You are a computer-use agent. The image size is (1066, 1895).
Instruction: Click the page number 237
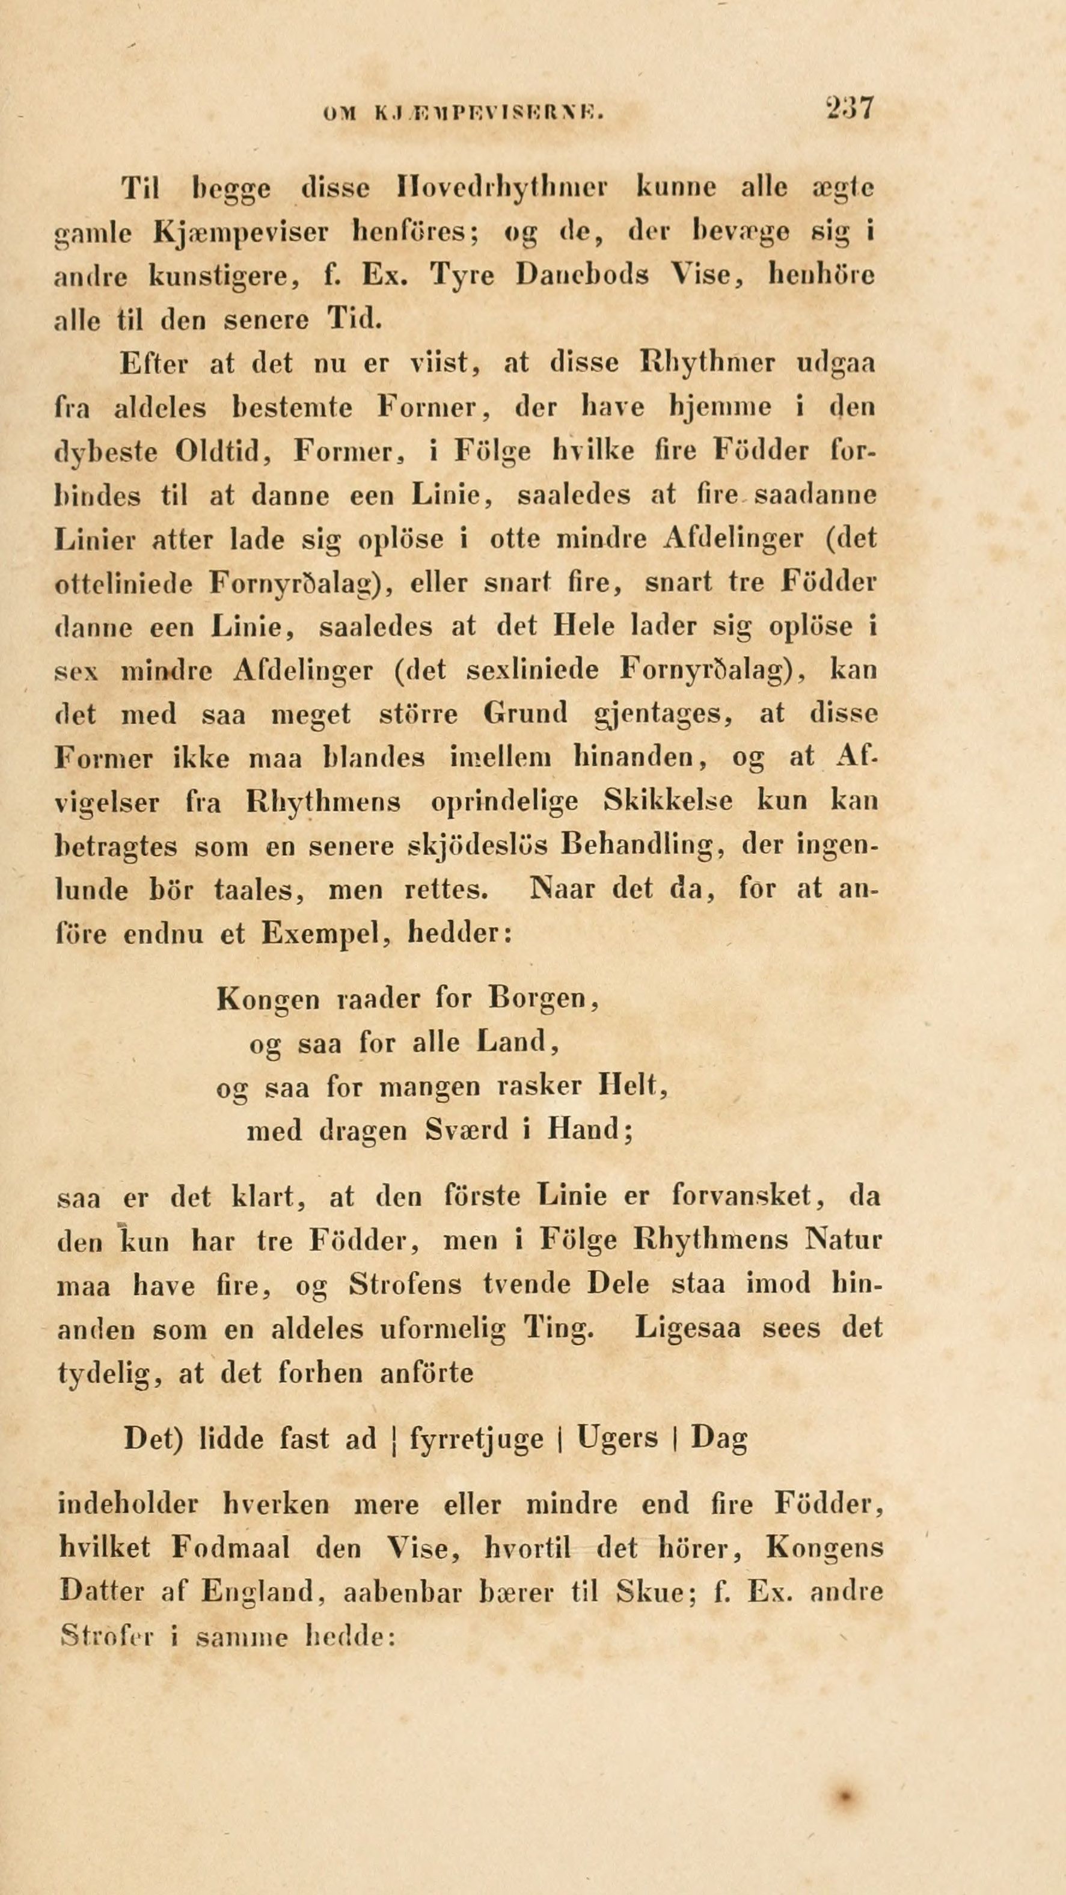coord(849,108)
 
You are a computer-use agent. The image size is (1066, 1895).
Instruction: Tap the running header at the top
coord(464,112)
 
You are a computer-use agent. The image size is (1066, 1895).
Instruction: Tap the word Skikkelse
coord(667,801)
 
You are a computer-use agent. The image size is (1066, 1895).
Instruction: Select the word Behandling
coord(639,845)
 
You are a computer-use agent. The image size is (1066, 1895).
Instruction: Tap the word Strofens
coord(405,1285)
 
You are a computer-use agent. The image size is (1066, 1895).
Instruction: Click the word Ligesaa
coord(687,1328)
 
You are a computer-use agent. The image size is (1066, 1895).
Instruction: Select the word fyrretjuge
coord(476,1438)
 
